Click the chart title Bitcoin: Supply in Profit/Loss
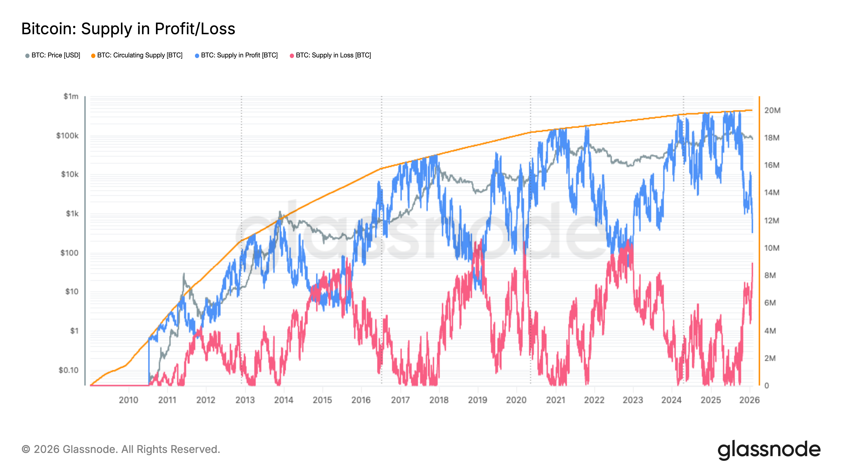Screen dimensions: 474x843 [128, 29]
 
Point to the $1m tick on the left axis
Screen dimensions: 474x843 [71, 96]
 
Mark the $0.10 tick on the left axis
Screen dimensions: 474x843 [68, 370]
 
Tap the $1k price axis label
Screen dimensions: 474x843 [72, 214]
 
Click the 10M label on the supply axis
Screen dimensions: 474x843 [772, 248]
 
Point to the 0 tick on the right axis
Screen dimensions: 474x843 [766, 386]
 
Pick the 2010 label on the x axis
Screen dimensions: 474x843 [129, 400]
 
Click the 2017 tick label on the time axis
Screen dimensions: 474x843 [400, 400]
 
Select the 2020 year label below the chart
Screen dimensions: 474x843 [516, 400]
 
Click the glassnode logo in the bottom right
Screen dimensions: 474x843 [769, 450]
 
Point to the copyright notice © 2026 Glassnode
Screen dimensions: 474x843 [121, 450]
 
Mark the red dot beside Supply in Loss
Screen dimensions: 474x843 [292, 56]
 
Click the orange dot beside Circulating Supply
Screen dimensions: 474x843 [93, 56]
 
